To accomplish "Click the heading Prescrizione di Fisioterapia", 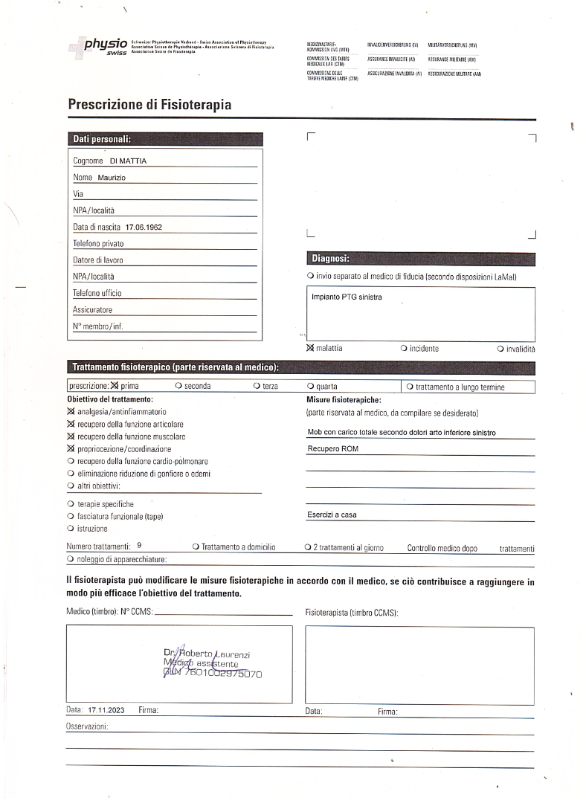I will (149, 105).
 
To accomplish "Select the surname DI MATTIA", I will (129, 161).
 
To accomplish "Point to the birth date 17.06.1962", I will (144, 227).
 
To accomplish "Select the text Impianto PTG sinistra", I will (347, 297).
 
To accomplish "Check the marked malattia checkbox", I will (310, 348).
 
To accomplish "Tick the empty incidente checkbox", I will (403, 348).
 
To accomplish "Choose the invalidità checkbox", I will (500, 348).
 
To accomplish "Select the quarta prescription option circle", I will (310, 387).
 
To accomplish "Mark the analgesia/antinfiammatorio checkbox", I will (71, 411).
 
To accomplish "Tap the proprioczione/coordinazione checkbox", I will (71, 449).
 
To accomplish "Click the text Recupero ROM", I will (332, 449).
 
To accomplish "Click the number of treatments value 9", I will (140, 546).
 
